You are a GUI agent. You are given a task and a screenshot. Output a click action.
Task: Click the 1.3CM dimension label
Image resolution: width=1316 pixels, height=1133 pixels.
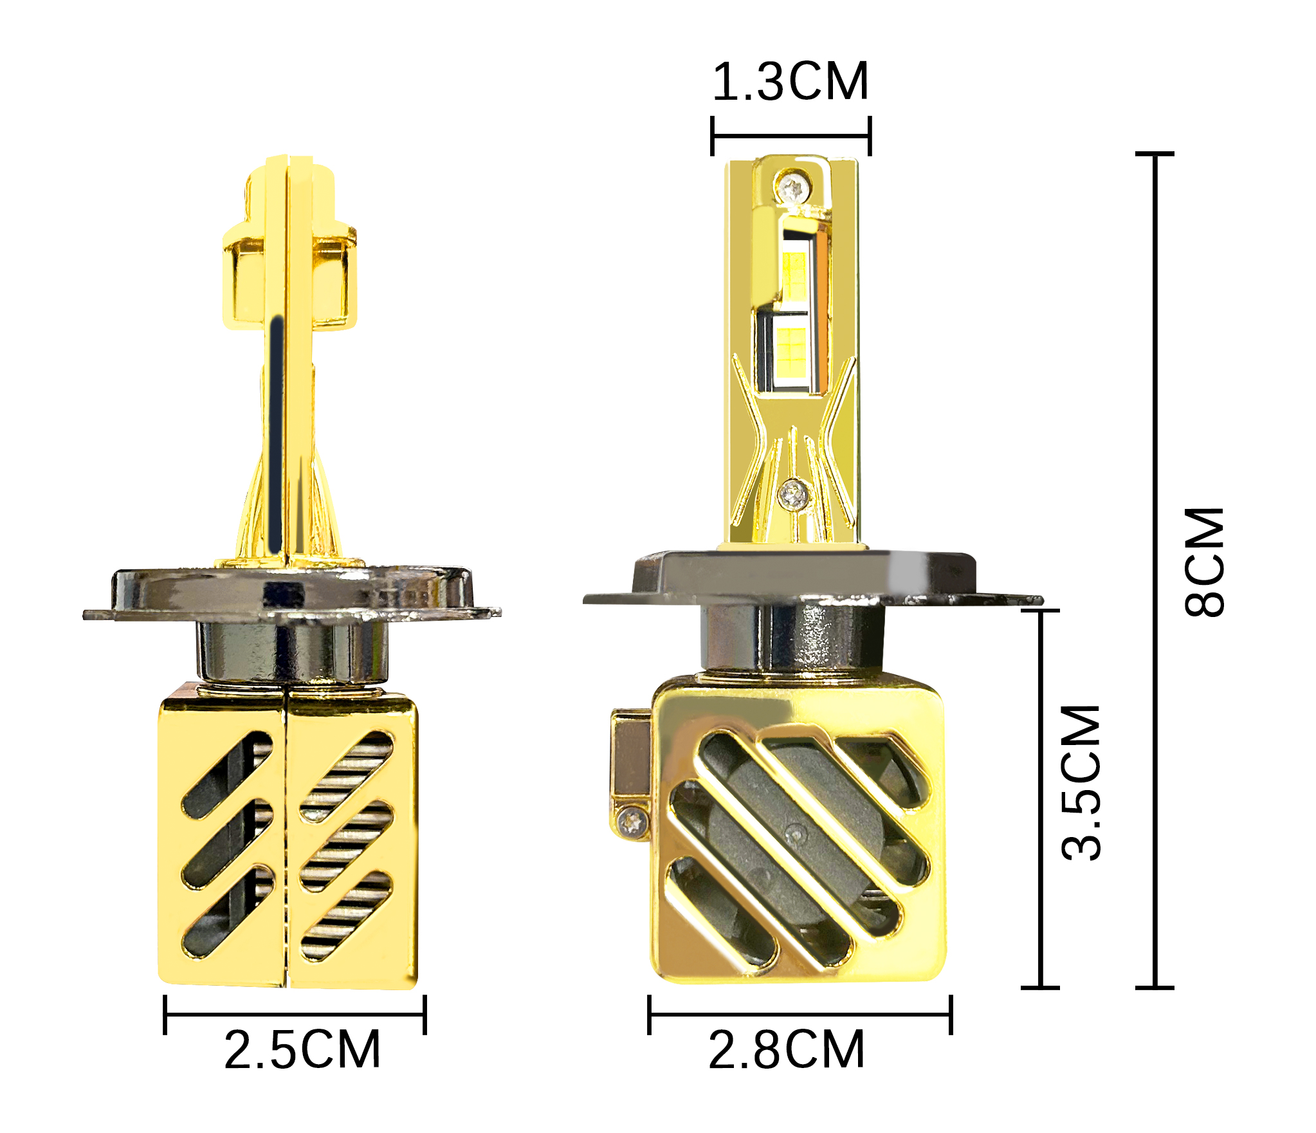tap(791, 82)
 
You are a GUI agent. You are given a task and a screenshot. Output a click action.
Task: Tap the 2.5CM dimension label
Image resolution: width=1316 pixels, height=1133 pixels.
tap(302, 1050)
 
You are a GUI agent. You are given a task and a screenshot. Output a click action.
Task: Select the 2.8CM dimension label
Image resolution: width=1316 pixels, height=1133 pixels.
tap(786, 1050)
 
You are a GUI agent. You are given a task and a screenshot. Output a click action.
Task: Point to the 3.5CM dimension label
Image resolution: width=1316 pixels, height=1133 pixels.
tap(1081, 782)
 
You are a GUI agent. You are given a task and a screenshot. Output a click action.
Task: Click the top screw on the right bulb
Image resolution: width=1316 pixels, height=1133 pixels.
tap(794, 189)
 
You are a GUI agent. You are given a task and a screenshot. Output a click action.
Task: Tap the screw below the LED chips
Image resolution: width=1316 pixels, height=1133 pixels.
tap(794, 494)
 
